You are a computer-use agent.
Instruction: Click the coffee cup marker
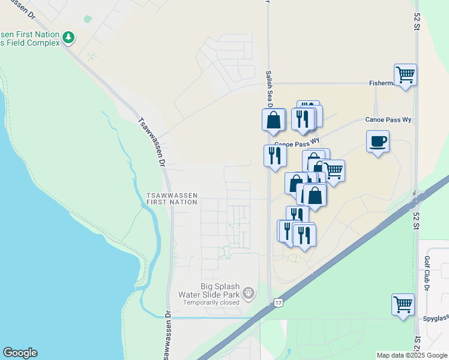point(378,142)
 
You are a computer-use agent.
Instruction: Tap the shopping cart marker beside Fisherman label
point(406,75)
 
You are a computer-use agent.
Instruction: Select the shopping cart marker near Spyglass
point(403,304)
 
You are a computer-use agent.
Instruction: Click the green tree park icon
point(69,38)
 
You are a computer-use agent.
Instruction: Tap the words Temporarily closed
point(211,302)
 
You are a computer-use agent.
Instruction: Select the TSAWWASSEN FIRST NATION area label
point(172,199)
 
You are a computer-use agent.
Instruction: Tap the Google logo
point(20,353)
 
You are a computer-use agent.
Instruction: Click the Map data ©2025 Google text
point(411,355)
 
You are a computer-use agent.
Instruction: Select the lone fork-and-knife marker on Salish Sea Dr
point(275,156)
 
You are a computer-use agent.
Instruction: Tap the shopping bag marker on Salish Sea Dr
point(274,119)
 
